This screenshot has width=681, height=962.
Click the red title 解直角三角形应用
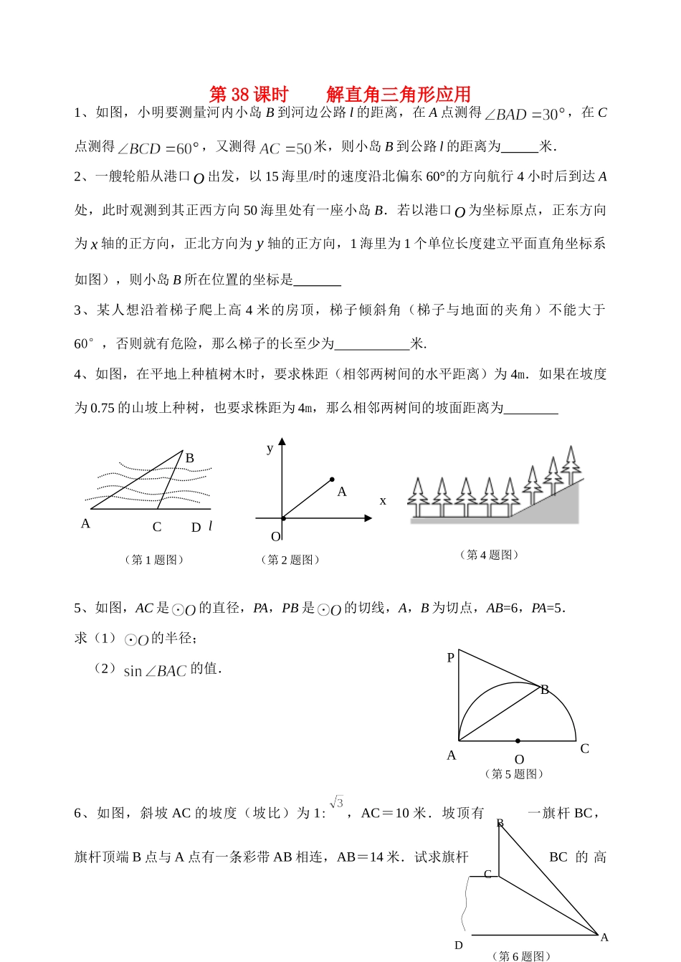399,95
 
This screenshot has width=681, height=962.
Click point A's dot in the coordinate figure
332,479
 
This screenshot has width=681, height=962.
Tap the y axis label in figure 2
270,449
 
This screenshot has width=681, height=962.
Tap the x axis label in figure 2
383,501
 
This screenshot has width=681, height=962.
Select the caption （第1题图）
154,560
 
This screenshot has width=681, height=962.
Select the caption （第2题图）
290,560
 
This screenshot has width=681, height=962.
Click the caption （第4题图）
489,555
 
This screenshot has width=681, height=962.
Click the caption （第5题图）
514,774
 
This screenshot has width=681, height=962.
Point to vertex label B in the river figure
190,458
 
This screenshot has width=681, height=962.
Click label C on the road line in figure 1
157,527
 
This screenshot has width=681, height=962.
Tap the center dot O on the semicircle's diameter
518,740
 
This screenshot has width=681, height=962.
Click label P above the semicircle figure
451,657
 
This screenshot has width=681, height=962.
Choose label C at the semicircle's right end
585,749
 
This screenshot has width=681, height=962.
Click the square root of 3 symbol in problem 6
337,802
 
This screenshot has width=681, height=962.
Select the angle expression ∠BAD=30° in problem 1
525,114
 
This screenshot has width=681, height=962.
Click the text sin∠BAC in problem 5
155,671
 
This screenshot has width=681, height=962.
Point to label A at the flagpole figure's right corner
604,938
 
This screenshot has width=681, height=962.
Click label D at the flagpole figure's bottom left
459,946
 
